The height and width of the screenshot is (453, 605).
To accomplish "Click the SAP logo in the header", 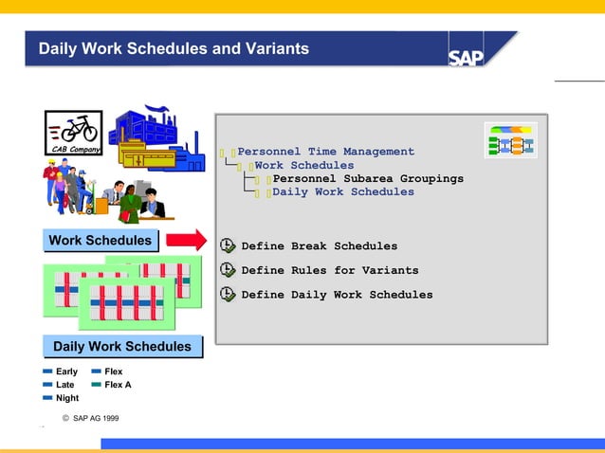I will [467, 56].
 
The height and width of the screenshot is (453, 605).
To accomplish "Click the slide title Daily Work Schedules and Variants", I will [174, 48].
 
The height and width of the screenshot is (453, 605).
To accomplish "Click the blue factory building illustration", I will [155, 139].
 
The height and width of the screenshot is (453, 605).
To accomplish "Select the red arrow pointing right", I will [192, 241].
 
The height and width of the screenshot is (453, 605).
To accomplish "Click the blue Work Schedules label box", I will [100, 241].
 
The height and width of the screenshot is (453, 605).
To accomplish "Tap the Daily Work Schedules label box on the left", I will [121, 347].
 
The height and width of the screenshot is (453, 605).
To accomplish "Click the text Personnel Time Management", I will [325, 152].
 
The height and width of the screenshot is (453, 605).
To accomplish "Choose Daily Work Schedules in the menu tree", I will [343, 192].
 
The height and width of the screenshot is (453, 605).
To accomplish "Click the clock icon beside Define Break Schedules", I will [228, 245].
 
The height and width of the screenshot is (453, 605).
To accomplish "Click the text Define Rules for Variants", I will [329, 270].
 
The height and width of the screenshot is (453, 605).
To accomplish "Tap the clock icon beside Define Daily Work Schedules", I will [228, 295].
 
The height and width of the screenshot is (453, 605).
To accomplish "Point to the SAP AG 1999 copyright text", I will [91, 418].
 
